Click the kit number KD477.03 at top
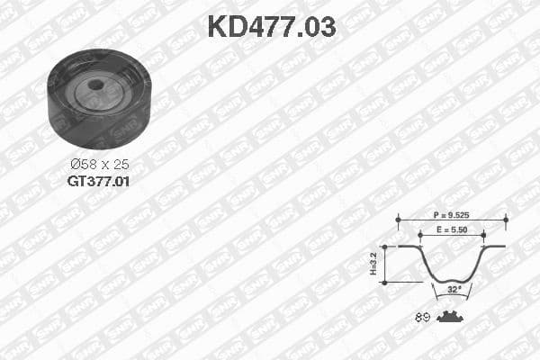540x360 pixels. (271, 26)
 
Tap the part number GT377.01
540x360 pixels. (99, 180)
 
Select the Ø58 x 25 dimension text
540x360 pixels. (99, 165)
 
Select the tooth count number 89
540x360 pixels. (422, 317)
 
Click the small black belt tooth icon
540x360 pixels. (451, 316)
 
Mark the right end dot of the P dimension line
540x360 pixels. (506, 217)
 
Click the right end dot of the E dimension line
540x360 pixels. (482, 233)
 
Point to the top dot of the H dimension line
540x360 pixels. (384, 246)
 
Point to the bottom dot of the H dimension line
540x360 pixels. (384, 282)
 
